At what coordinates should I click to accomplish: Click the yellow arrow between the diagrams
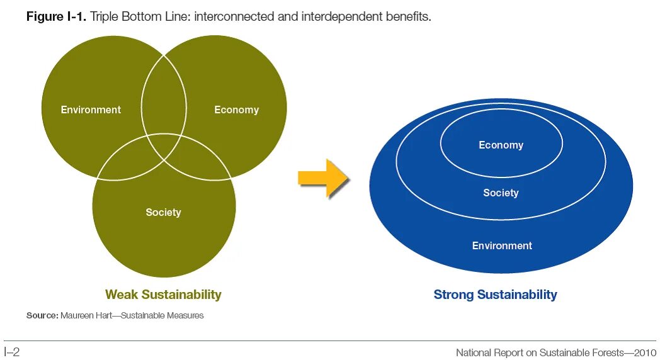coord(323,178)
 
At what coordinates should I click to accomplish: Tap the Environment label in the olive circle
coord(91,110)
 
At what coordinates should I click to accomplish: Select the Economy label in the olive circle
coord(236,110)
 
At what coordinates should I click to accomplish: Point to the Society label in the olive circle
coord(163,212)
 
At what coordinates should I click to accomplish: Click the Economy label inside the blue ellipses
coord(501,145)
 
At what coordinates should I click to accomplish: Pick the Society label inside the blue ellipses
coord(501,193)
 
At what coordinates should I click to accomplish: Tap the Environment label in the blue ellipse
coord(502,245)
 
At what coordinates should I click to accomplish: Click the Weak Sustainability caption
coord(163,294)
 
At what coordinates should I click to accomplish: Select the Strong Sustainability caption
coord(495,294)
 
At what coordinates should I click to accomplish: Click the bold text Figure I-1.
coord(56,17)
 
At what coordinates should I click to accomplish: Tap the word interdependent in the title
coord(332,17)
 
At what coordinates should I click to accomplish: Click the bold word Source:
coord(42,315)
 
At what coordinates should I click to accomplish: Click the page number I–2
coord(12,352)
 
